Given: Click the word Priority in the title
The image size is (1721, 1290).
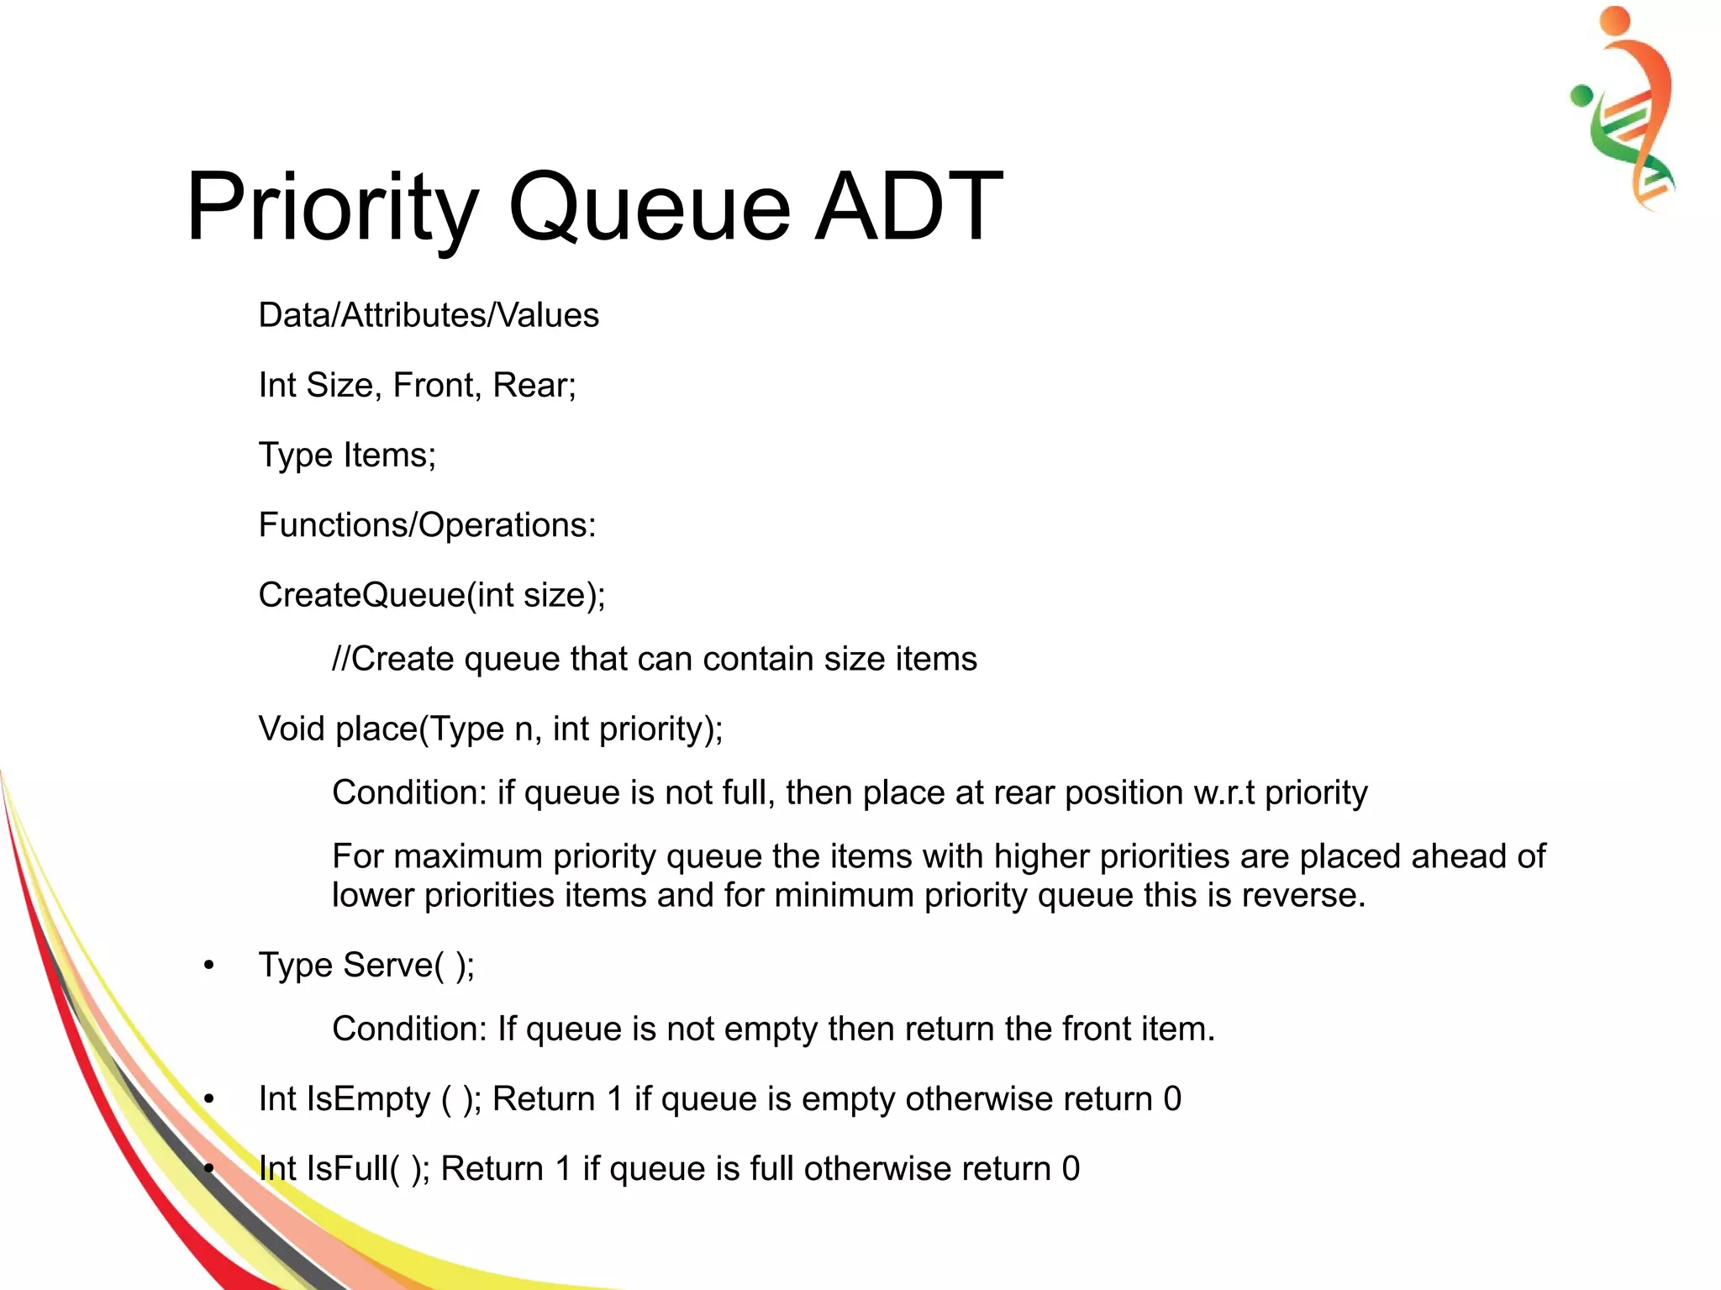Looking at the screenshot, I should pyautogui.click(x=333, y=207).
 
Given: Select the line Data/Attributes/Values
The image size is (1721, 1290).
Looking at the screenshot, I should pyautogui.click(x=429, y=316).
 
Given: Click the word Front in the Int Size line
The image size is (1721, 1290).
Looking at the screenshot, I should pyautogui.click(x=433, y=386).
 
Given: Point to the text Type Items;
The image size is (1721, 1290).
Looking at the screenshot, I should pyautogui.click(x=347, y=455).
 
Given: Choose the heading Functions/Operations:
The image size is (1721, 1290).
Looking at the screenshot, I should pyautogui.click(x=427, y=525).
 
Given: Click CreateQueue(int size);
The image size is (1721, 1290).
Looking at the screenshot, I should pyautogui.click(x=432, y=595).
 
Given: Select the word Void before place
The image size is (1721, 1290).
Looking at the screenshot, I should pyautogui.click(x=292, y=729).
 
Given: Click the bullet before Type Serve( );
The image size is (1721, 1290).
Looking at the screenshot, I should pyautogui.click(x=209, y=966).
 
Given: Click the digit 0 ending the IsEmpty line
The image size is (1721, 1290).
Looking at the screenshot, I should pyautogui.click(x=1172, y=1099).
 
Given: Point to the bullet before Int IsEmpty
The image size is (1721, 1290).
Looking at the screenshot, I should pyautogui.click(x=209, y=1099).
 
